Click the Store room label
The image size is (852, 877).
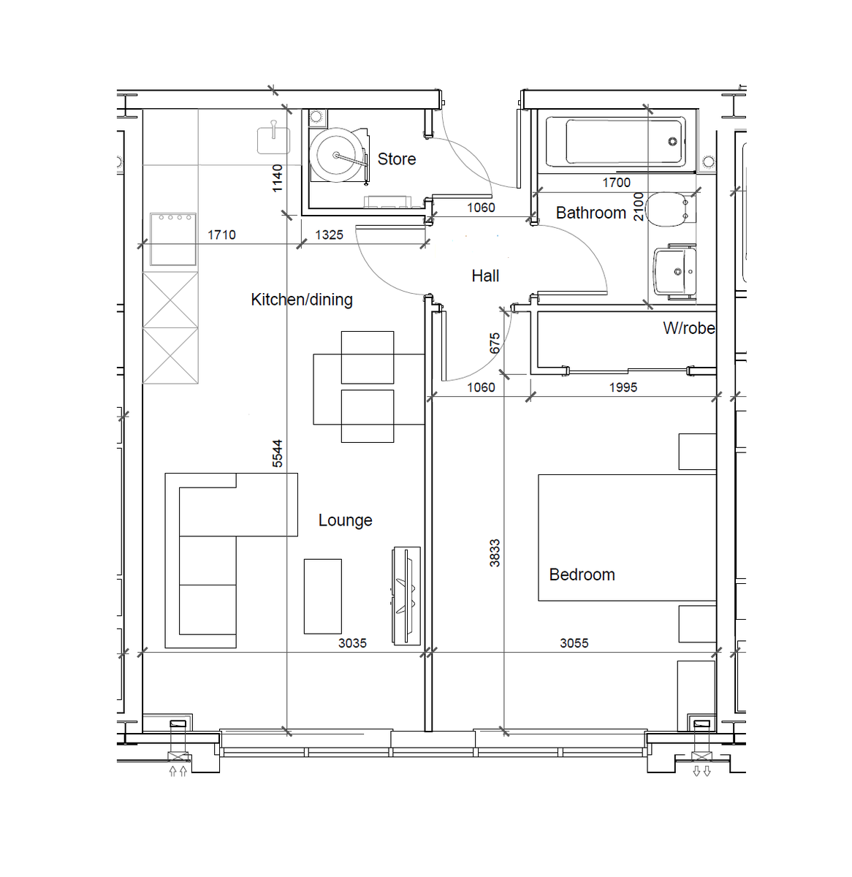click(x=396, y=159)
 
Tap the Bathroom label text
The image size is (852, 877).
click(x=590, y=213)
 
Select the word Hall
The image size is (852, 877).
click(x=485, y=276)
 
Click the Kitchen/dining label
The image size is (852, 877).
click(x=301, y=300)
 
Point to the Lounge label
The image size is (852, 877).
click(x=345, y=520)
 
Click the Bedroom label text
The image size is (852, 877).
click(x=582, y=574)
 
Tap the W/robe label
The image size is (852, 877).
click(x=688, y=328)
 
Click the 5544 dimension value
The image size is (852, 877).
click(x=278, y=453)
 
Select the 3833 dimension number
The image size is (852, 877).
click(x=495, y=553)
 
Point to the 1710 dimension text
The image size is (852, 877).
click(x=221, y=235)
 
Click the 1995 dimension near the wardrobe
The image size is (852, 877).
click(x=623, y=387)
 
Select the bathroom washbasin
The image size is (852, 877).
click(x=674, y=273)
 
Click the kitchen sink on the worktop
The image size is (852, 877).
click(x=273, y=139)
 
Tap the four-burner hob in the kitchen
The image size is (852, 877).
click(x=173, y=238)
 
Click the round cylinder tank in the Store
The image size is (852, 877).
click(x=337, y=155)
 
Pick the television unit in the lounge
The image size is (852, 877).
click(x=407, y=595)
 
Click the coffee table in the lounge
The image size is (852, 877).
click(x=322, y=596)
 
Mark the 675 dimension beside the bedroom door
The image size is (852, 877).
click(x=495, y=343)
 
